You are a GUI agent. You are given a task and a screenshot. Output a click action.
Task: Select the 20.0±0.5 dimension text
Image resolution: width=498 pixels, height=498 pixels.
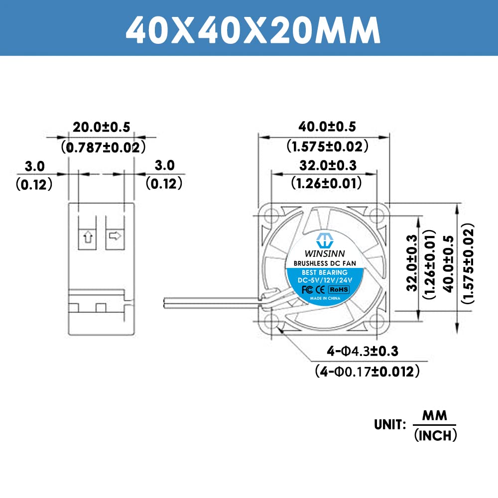[x=102, y=127]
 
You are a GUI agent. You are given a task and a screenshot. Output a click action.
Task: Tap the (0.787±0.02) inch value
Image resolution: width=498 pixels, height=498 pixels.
[x=103, y=147]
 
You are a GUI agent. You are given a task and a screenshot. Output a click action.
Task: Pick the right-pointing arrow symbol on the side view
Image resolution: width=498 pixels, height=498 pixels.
[x=115, y=235]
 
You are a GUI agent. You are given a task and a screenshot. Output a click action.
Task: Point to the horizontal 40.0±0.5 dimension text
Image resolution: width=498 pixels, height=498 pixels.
[x=328, y=127]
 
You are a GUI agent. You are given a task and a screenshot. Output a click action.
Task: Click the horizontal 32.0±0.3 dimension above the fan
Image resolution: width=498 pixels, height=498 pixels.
[x=328, y=165]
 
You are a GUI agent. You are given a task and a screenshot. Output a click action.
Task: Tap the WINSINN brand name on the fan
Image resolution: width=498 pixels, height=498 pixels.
[x=324, y=252]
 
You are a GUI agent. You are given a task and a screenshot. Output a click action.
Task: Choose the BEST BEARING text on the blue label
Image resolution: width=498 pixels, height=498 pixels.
[x=324, y=273]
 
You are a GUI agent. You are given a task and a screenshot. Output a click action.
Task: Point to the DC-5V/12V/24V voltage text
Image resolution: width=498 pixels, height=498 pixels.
[x=324, y=281]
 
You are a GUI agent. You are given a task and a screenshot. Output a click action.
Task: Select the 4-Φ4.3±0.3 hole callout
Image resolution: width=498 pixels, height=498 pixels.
[x=363, y=352]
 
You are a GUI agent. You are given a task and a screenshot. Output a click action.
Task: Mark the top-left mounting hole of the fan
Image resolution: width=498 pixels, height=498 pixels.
[x=272, y=216]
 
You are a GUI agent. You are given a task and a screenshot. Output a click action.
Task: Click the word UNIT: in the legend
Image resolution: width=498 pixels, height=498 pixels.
[x=391, y=425]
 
